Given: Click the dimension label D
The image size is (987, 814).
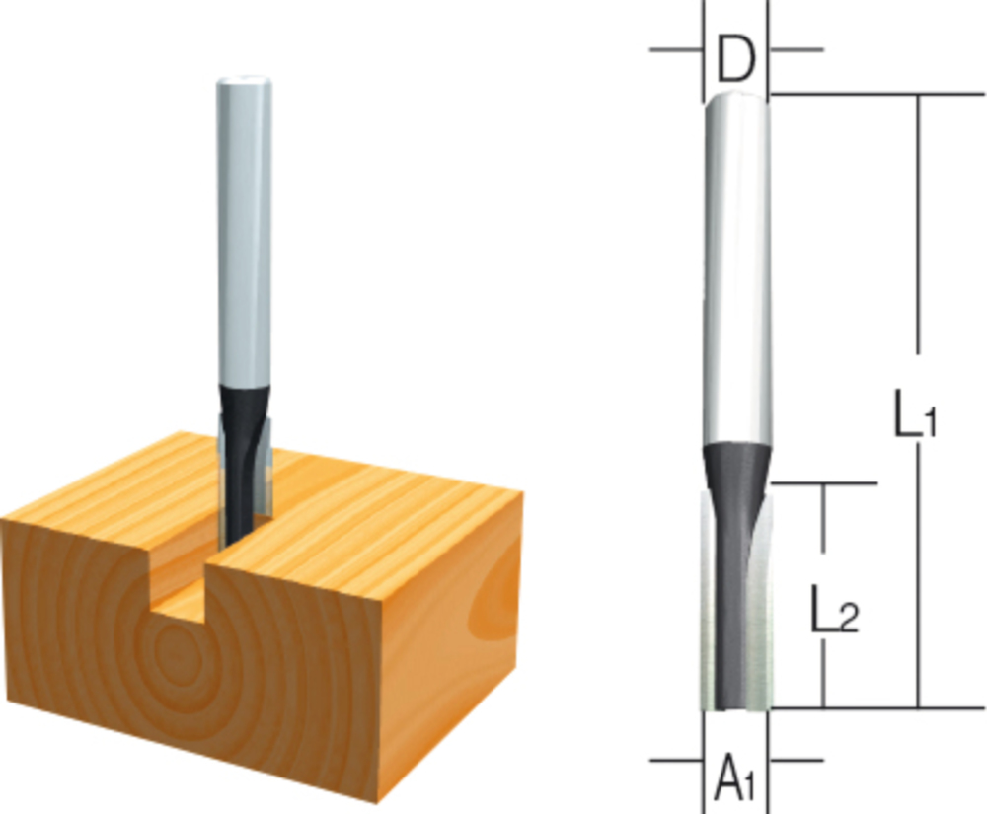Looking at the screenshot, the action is (735, 60).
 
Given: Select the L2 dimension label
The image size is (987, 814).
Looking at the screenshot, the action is (834, 609).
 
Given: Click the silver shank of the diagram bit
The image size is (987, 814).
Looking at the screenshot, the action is (736, 270).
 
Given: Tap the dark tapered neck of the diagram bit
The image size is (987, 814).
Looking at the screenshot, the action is (736, 472).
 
